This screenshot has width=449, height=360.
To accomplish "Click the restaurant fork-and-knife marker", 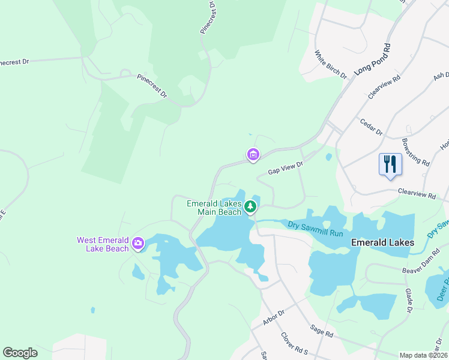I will pyautogui.click(x=390, y=163).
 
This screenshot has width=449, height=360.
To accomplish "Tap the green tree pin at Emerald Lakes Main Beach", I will pyautogui.click(x=250, y=207).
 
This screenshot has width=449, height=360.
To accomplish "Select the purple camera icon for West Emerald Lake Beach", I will pyautogui.click(x=138, y=243).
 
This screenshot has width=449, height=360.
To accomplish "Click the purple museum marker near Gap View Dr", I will pyautogui.click(x=253, y=155).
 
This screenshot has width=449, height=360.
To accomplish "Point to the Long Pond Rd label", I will pyautogui.click(x=372, y=59).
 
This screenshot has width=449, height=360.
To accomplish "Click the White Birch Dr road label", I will pyautogui.click(x=331, y=64).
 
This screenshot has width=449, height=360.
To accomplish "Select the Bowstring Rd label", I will pyautogui.click(x=415, y=153).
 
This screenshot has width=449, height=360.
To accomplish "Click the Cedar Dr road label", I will pyautogui.click(x=371, y=127).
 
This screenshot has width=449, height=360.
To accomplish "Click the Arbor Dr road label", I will pyautogui.click(x=273, y=314).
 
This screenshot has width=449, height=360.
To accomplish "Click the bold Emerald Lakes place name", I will pyautogui.click(x=382, y=242).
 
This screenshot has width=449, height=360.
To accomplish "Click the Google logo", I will pyautogui.click(x=20, y=353).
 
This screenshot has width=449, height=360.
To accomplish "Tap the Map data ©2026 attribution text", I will pyautogui.click(x=423, y=355).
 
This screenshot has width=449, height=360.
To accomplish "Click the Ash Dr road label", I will pyautogui.click(x=441, y=79).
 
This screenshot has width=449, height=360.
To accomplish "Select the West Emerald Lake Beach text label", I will pyautogui.click(x=103, y=244).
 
